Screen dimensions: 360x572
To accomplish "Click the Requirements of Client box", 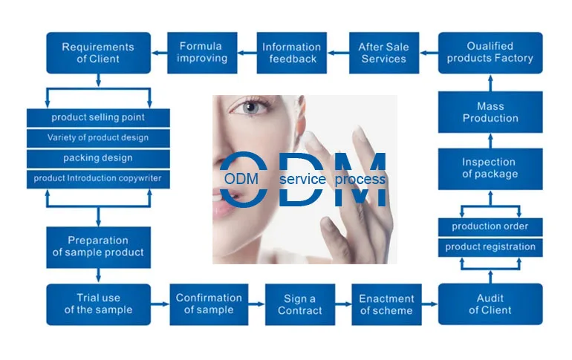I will [98, 53].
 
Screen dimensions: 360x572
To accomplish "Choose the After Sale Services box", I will [383, 53].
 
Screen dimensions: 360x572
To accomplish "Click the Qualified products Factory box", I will [490, 52].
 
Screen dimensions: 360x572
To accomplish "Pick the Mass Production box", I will [490, 112].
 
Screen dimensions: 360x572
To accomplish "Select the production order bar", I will [490, 226].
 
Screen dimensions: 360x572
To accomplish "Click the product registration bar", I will [490, 246].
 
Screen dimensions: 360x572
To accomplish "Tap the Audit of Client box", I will [490, 304].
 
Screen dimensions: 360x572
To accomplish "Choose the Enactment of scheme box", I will [386, 304].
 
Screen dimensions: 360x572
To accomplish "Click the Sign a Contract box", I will [299, 304].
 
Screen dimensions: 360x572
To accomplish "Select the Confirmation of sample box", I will [209, 304].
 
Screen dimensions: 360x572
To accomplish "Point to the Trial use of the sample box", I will [98, 304].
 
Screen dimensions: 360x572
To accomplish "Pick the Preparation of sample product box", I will [98, 246].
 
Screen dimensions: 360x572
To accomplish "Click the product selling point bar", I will [98, 117].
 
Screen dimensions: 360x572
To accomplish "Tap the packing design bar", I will [98, 158].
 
